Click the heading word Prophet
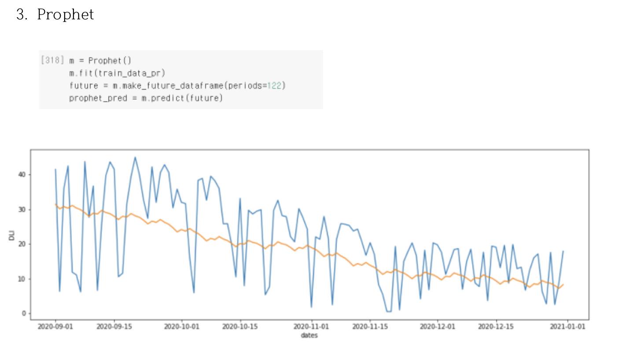[65, 15]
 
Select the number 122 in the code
[275, 85]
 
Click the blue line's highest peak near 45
[135, 157]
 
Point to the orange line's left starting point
[55, 204]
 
